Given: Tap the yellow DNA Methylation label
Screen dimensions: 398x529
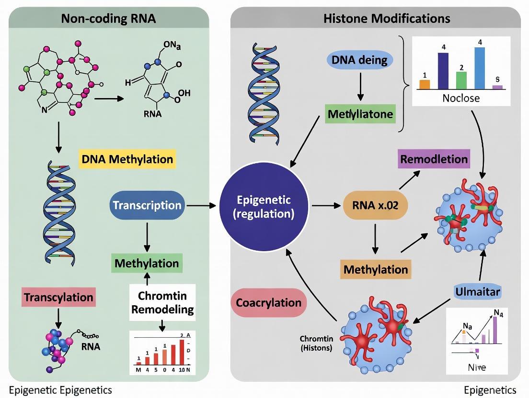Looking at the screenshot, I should click(x=127, y=159).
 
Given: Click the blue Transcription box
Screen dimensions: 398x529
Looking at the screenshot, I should click(x=147, y=206).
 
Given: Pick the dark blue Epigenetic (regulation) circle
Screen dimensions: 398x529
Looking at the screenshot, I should click(x=263, y=206).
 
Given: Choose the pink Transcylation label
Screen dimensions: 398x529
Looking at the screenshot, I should click(x=58, y=297).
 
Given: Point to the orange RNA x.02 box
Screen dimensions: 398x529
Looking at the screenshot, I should click(x=376, y=206).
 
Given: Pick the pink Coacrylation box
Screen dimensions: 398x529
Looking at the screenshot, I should click(x=268, y=303).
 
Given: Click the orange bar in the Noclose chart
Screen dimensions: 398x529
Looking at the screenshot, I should click(x=425, y=84).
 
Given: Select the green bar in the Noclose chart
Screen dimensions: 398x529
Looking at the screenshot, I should click(x=461, y=80).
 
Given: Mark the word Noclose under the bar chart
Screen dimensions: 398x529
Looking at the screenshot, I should click(x=460, y=98).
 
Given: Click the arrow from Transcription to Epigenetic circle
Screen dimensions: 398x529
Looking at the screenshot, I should click(x=202, y=206).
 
